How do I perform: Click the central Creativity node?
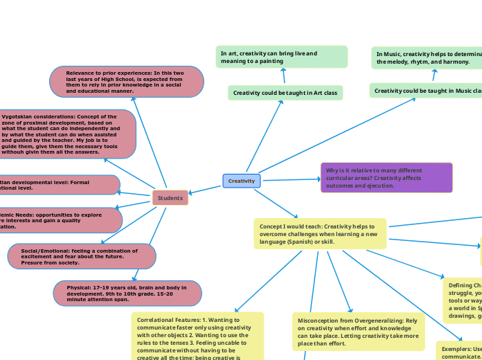pyautogui.click(x=242, y=181)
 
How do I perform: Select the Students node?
pyautogui.click(x=170, y=198)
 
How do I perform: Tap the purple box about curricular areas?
pyautogui.click(x=386, y=177)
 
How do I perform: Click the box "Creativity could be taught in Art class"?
pyautogui.click(x=285, y=92)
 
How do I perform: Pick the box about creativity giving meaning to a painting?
pyautogui.click(x=281, y=57)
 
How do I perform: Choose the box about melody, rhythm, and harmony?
pyautogui.click(x=426, y=57)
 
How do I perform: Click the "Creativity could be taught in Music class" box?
pyautogui.click(x=425, y=91)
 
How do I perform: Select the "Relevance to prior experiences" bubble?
pyautogui.click(x=127, y=82)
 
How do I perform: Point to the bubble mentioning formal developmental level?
pyautogui.click(x=58, y=185)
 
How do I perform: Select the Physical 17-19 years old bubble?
pyautogui.click(x=127, y=293)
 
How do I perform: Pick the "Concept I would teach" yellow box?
pyautogui.click(x=320, y=233)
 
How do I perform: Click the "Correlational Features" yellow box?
pyautogui.click(x=197, y=336)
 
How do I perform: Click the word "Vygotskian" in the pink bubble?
pyautogui.click(x=19, y=117)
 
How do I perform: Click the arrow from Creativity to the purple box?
pyautogui.click(x=290, y=180)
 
